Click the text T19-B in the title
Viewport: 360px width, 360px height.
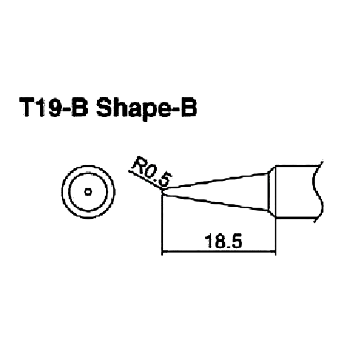click(x=54, y=107)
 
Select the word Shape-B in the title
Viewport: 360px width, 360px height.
click(x=146, y=109)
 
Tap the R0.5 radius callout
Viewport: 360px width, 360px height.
click(x=152, y=172)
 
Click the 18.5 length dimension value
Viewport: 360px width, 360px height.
click(x=223, y=241)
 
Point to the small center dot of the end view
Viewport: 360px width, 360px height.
click(x=88, y=192)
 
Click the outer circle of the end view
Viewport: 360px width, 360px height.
click(x=62, y=192)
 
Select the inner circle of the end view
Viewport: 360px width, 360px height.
click(x=69, y=192)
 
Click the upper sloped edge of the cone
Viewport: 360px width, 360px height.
click(x=216, y=181)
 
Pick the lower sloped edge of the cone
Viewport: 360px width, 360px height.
click(x=216, y=202)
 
